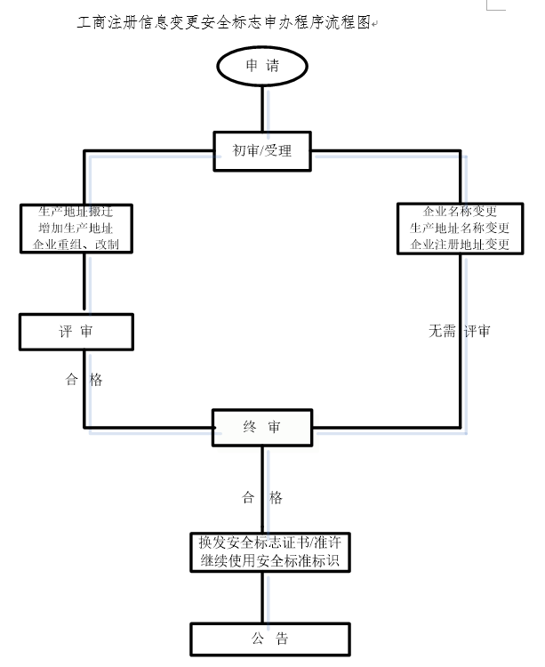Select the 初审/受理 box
coord(262,150)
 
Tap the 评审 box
coord(76,332)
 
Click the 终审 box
coord(262,427)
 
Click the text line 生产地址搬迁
coord(76,213)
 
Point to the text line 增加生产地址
coord(76,229)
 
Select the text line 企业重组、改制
coord(76,244)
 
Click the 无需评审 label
coord(460,331)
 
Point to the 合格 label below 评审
coord(84,380)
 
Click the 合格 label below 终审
coord(262,498)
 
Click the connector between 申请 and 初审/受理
coord(263,109)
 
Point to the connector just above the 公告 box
coord(263,599)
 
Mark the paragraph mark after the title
coord(374,25)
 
